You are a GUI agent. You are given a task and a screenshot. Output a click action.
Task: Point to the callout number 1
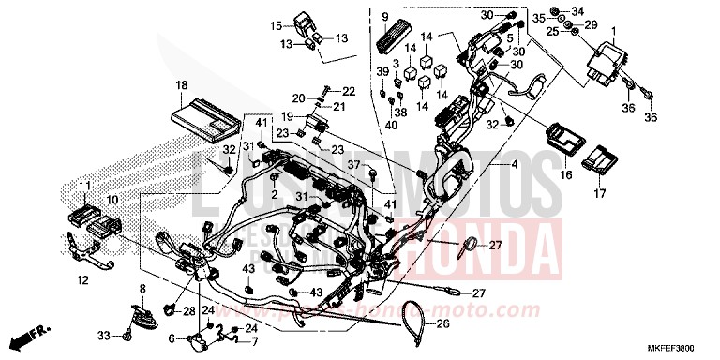point(614,30)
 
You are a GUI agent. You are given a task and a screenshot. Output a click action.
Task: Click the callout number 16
point(565,174)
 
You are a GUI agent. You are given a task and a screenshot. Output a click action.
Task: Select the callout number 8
point(143,288)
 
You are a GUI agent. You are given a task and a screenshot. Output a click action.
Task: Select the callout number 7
point(253,341)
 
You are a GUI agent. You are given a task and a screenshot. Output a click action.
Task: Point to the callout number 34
point(577,11)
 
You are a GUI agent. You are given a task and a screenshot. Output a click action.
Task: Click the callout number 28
point(189,310)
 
